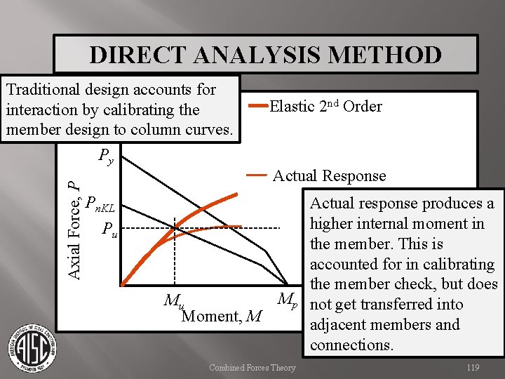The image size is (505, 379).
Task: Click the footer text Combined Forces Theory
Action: pyautogui.click(x=252, y=368)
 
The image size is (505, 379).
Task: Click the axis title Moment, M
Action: pyautogui.click(x=221, y=317)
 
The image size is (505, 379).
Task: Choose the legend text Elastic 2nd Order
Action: pyautogui.click(x=326, y=107)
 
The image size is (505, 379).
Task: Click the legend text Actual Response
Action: pyautogui.click(x=329, y=175)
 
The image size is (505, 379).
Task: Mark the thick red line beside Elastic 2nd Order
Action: pyautogui.click(x=258, y=107)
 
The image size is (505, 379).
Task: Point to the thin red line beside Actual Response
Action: pyautogui.click(x=256, y=174)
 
